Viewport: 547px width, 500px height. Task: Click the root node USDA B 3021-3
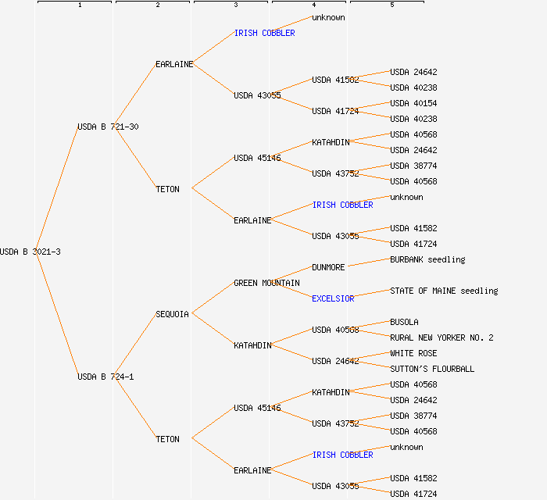coord(30,252)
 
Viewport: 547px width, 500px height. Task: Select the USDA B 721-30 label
coord(108,127)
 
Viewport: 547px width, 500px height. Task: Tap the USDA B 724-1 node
coord(105,377)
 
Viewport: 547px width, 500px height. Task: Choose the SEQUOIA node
coord(172,314)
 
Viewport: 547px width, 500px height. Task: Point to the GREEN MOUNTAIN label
coord(266,283)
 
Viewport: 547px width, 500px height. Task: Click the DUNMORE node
coord(328,267)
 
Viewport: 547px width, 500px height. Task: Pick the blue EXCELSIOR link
coord(333,298)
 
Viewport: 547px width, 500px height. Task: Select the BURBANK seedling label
coord(427,259)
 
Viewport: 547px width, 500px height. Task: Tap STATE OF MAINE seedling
coord(444,291)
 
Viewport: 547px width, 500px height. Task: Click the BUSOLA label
coord(404,322)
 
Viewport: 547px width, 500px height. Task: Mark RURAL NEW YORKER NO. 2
coord(442,337)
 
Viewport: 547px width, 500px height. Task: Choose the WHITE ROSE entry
coord(413,353)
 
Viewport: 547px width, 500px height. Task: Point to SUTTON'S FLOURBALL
coord(432,369)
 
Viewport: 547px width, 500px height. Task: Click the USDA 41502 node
coord(335,80)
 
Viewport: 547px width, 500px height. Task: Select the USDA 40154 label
coord(413,103)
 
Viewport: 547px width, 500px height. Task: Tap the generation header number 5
coord(392,5)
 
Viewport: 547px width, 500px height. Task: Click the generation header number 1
coord(80,5)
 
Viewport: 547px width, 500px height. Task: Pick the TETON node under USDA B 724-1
coord(167,439)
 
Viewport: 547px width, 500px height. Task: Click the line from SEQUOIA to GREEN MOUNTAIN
coord(212,298)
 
